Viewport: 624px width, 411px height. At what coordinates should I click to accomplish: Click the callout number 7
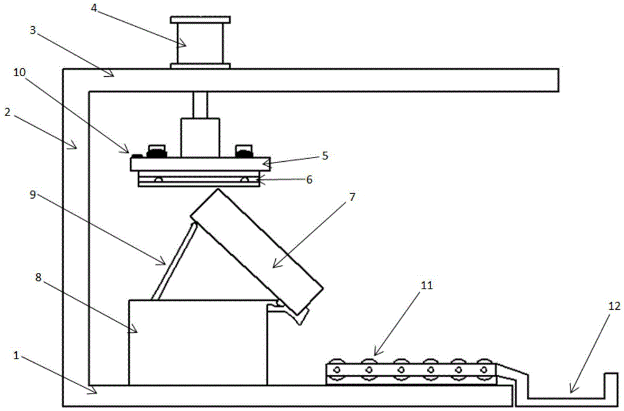coord(351,197)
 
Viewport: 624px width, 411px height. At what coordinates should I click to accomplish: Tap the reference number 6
coord(308,179)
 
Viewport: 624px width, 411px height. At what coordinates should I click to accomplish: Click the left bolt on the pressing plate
coord(154,152)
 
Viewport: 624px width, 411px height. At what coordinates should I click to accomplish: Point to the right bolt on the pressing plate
coord(243,152)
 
